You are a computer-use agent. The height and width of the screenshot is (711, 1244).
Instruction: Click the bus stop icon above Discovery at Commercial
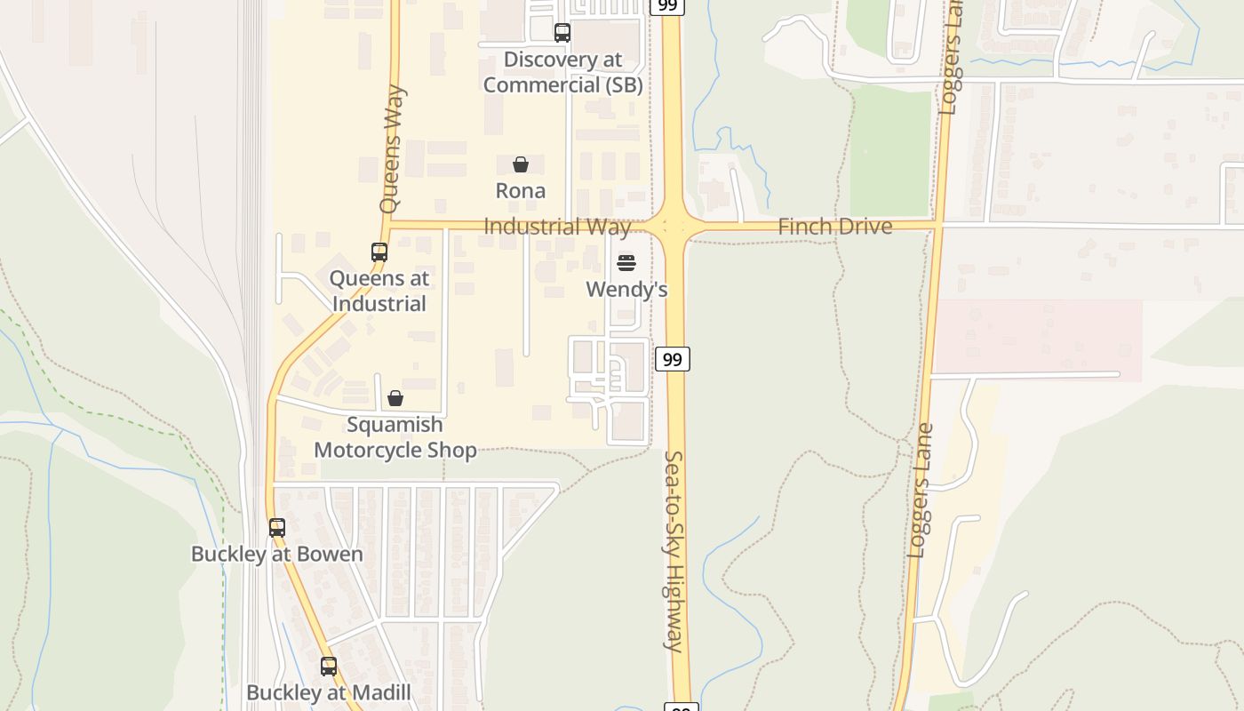pos(562,33)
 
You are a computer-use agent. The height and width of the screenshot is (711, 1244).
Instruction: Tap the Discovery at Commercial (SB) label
pos(562,72)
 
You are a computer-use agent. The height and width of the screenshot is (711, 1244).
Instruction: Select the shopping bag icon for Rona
pos(521,164)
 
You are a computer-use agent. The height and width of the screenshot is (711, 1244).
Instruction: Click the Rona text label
pos(521,190)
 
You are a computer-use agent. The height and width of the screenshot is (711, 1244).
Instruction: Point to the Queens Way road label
pos(392,148)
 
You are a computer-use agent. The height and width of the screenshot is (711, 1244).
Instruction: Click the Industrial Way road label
pos(557,227)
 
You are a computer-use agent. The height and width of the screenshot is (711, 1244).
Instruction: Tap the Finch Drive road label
pos(834,227)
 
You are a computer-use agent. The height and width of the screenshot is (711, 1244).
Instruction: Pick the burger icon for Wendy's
pos(626,263)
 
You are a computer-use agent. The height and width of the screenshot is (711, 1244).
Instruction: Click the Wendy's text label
pos(626,290)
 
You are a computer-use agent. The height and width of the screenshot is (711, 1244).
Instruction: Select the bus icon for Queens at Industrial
pos(379,252)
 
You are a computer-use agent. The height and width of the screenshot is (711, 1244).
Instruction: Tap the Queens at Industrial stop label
pos(379,291)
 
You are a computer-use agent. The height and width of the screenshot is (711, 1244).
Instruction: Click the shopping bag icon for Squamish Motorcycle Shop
pos(395,398)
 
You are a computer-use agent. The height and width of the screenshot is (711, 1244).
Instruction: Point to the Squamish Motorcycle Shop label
pos(395,437)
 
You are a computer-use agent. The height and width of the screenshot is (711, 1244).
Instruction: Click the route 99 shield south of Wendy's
pos(673,359)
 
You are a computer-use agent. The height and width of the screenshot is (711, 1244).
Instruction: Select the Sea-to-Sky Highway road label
pos(674,551)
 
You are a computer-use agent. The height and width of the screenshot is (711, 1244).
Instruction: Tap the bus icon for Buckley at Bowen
pos(277,528)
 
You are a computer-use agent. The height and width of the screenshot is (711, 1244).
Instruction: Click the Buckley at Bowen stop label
pos(277,554)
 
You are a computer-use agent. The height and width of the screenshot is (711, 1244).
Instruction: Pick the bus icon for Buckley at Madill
pos(329,667)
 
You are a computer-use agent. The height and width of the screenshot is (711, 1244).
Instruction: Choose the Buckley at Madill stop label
pos(329,692)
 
